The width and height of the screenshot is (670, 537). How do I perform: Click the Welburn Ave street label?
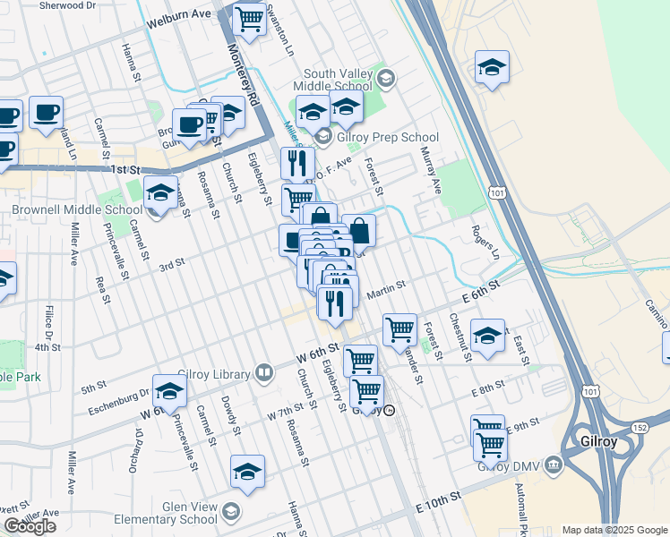coord(180,15)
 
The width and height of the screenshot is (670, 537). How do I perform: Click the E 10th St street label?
coord(438,501)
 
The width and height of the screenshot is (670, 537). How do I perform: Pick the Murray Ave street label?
coord(431,173)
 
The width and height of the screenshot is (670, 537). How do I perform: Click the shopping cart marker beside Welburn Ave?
coord(249,19)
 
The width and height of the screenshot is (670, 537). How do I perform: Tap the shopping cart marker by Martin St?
coord(399,328)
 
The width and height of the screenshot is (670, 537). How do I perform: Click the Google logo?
coord(30,526)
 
